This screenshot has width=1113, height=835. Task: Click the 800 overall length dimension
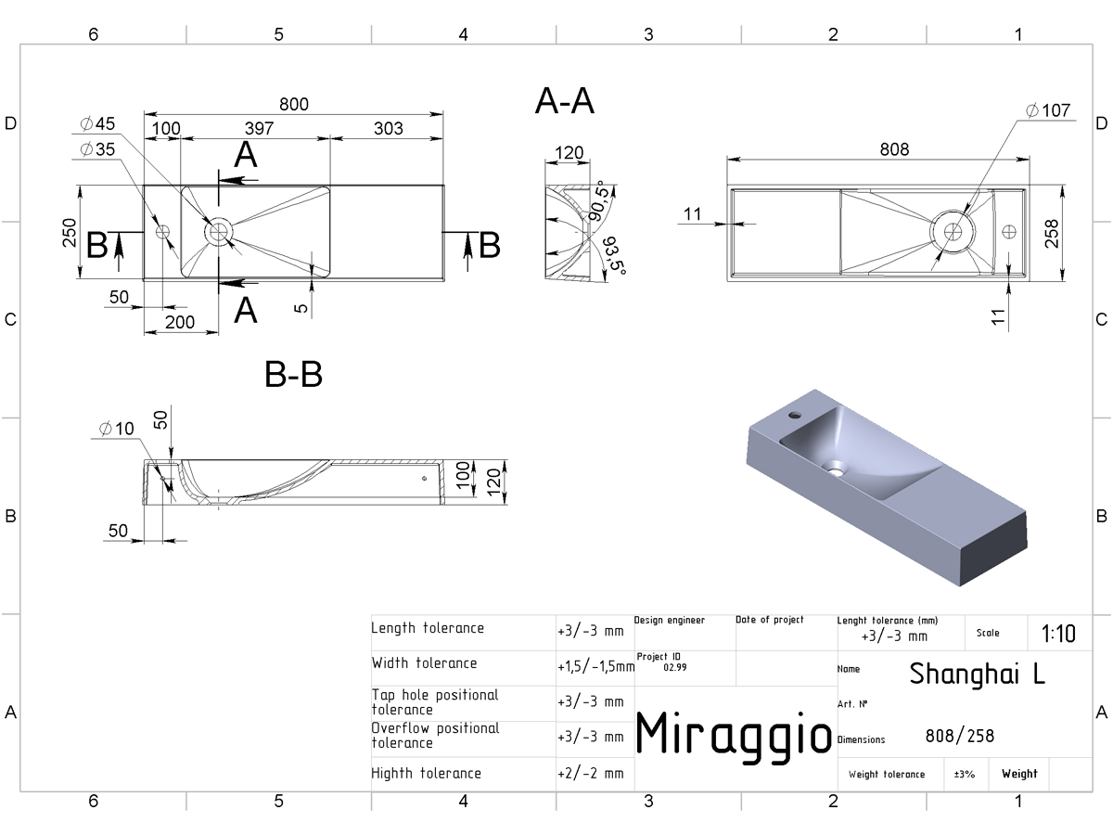294,105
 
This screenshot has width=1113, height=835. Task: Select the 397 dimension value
259,128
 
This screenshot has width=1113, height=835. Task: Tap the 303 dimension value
389,128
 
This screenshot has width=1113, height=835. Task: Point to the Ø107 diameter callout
1047,110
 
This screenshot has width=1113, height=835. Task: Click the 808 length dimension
894,149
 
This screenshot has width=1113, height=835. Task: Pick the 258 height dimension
1052,233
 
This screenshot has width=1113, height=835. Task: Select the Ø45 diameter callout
97,123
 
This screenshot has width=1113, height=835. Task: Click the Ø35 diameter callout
97,149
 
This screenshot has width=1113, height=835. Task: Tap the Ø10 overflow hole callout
116,429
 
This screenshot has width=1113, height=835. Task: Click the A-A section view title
564,101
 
